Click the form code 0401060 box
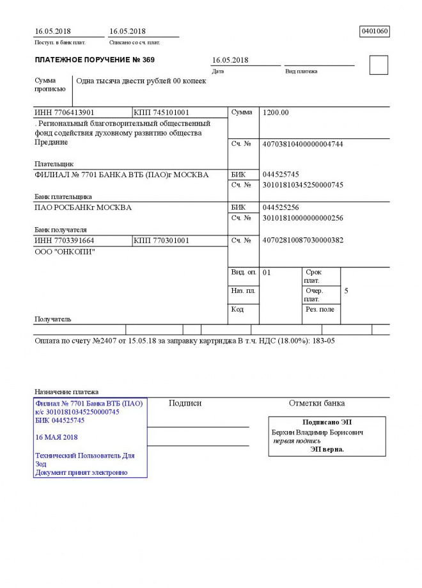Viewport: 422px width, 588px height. (375, 31)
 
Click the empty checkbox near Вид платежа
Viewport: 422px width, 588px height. (379, 65)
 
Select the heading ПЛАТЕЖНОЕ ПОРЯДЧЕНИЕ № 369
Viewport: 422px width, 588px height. (95, 60)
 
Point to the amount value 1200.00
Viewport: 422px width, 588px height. (276, 113)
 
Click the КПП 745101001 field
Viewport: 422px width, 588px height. (162, 113)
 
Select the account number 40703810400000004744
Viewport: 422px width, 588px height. (303, 144)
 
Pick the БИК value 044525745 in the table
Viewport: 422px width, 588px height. (281, 175)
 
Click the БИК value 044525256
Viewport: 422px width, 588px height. (281, 208)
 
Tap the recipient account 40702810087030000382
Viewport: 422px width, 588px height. (303, 241)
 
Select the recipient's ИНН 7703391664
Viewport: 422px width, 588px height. (65, 241)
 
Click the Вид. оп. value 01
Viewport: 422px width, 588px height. (267, 273)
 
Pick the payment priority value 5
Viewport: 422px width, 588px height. (346, 291)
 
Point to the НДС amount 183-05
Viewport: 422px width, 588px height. (322, 340)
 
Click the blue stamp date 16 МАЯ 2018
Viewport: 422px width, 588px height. (57, 437)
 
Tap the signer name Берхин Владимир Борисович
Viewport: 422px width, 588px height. (318, 433)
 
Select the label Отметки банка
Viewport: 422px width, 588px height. (316, 403)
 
